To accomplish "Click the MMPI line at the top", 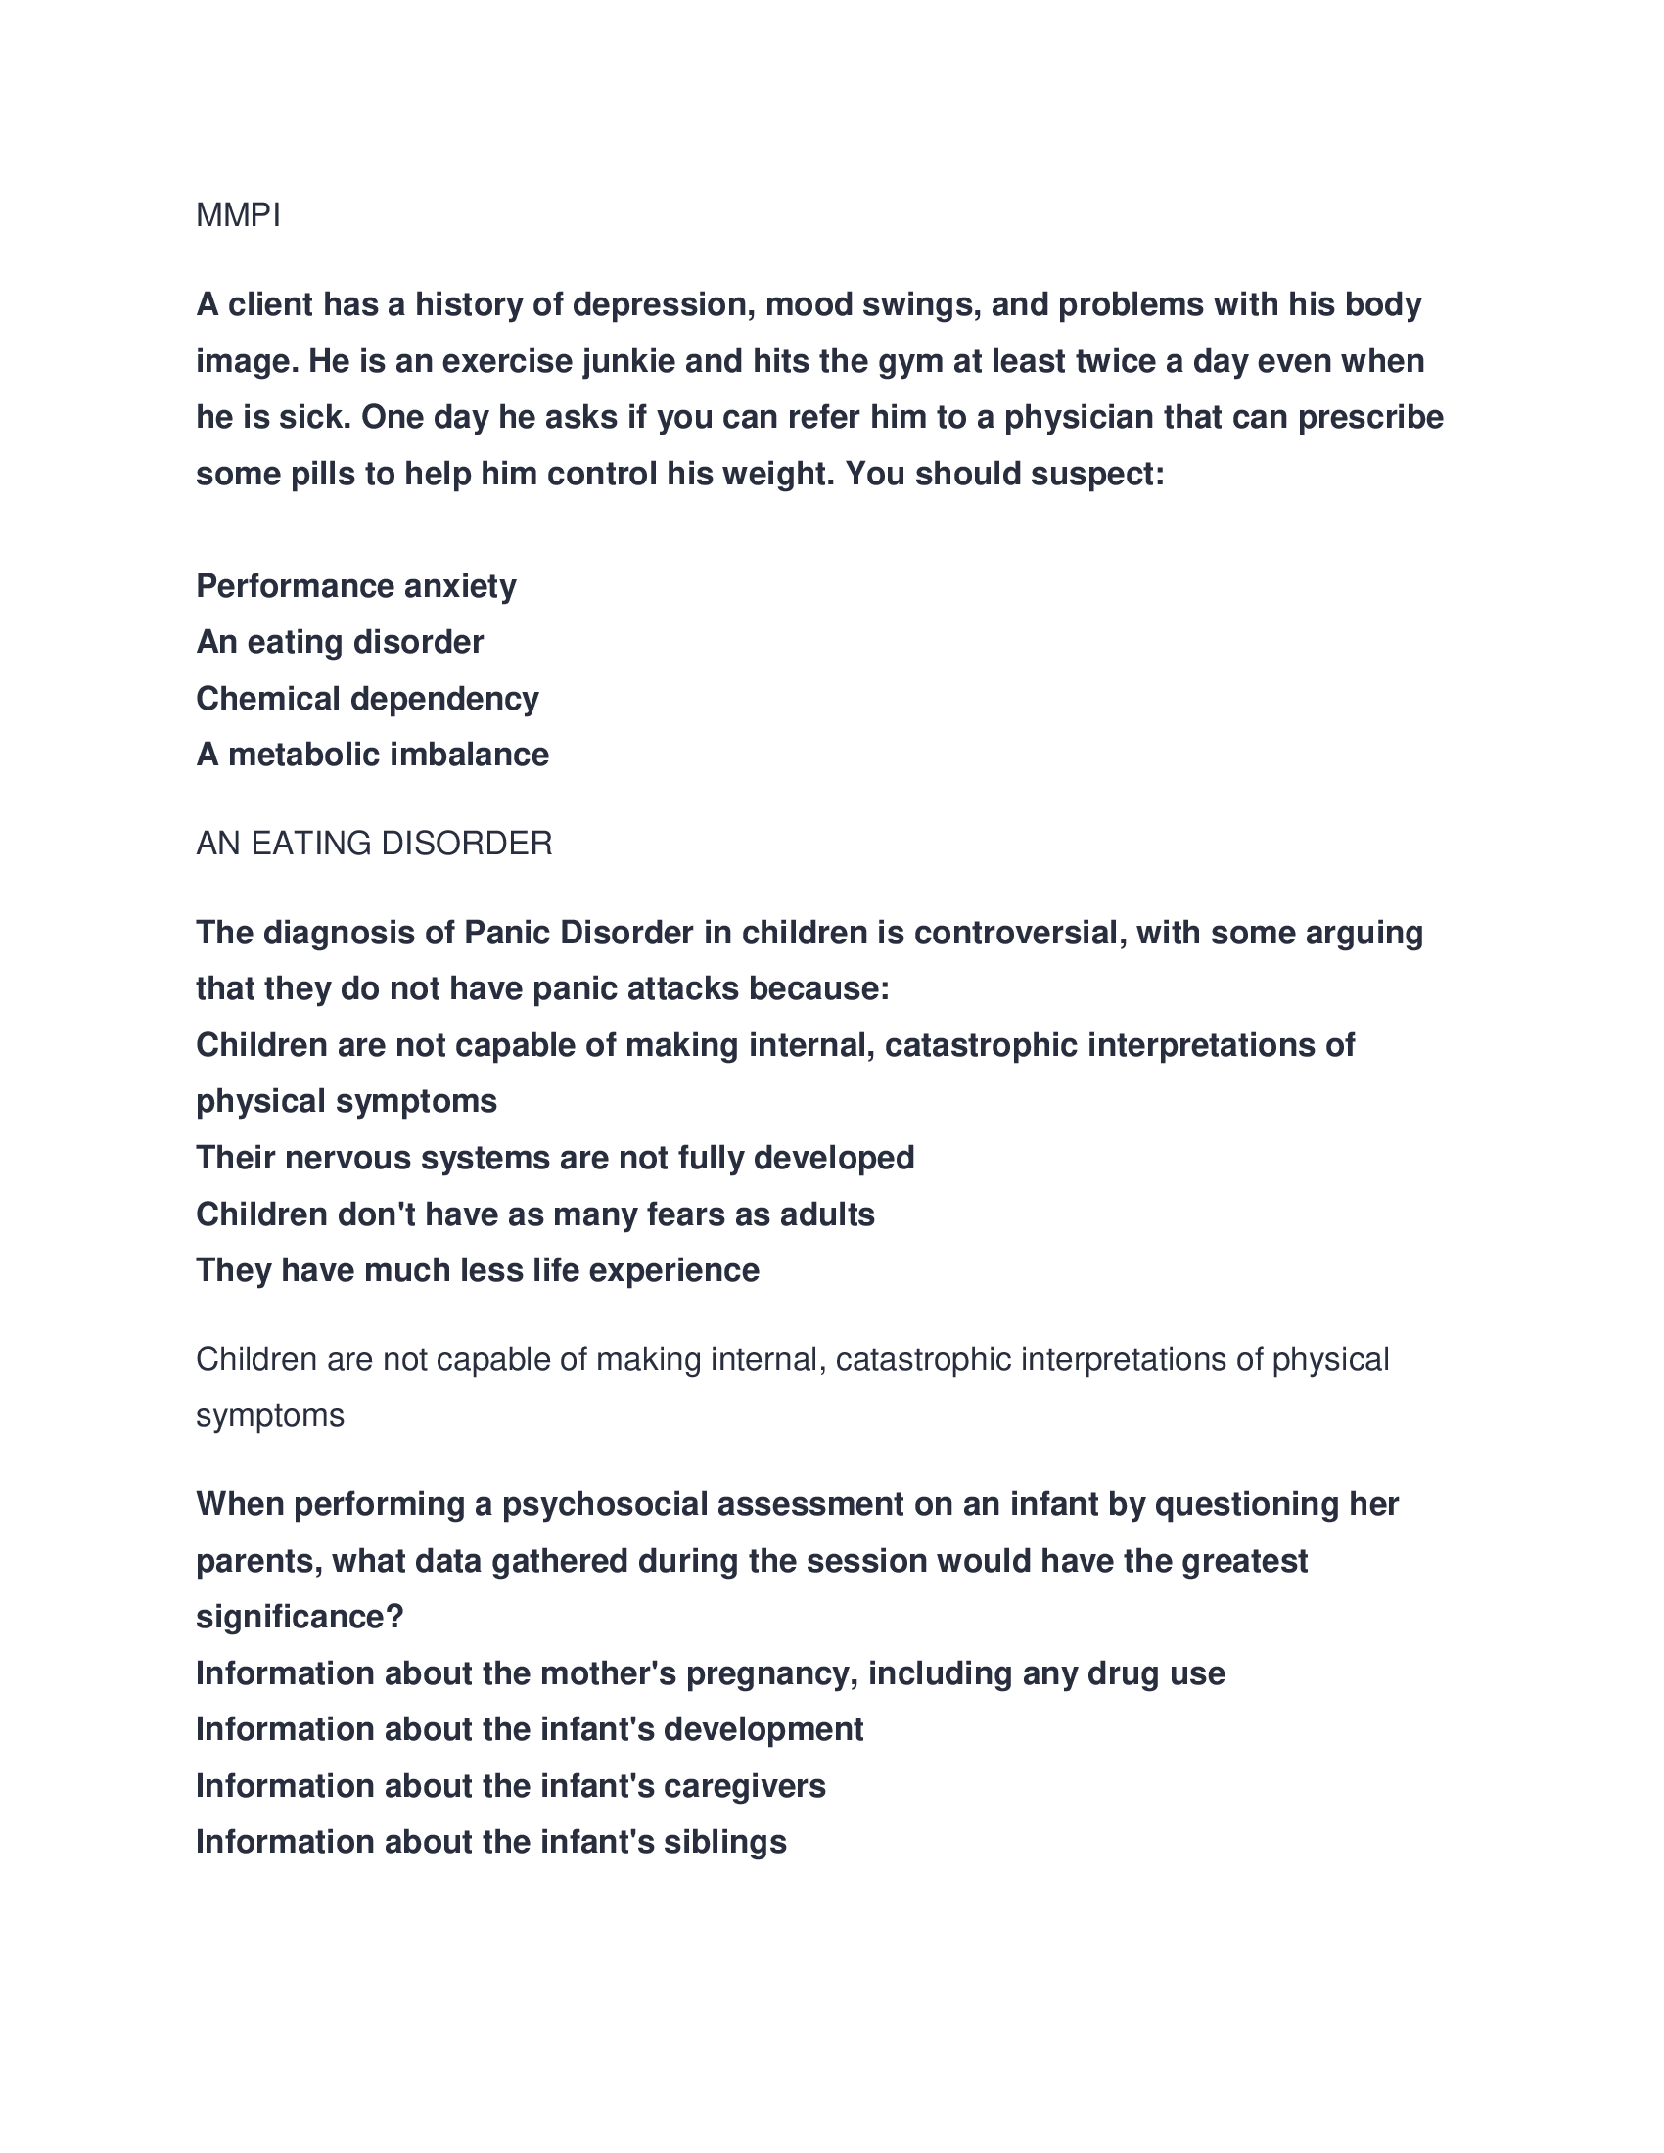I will click(x=239, y=215).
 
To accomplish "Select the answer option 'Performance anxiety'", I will click(x=356, y=585).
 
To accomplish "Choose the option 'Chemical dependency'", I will click(x=367, y=698).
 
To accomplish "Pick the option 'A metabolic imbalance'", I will click(x=372, y=755).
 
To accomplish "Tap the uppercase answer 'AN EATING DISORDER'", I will click(x=374, y=843).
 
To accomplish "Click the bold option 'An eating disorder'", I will click(x=339, y=642).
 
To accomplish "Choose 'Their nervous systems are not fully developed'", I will click(x=555, y=1157).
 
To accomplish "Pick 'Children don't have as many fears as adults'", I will click(x=535, y=1214).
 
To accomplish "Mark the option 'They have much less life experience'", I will click(x=477, y=1269).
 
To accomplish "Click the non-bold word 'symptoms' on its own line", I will click(x=270, y=1415).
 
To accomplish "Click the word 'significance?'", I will click(x=300, y=1616).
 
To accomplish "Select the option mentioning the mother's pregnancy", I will click(x=710, y=1672).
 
